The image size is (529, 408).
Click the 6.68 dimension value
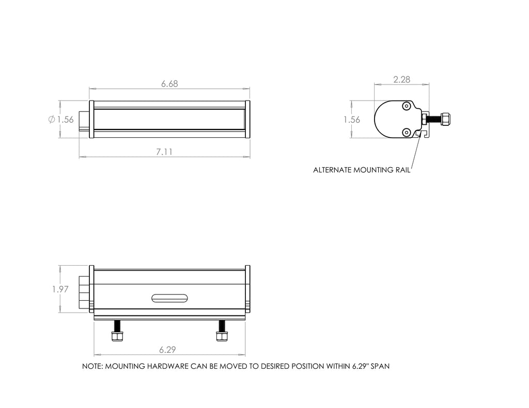(x=169, y=84)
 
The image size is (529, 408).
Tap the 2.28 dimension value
(x=401, y=79)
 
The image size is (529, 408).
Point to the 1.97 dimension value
(x=60, y=289)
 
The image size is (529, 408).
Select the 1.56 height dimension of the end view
(x=352, y=120)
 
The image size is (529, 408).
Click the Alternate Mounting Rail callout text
(x=361, y=170)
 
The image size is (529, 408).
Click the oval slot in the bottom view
(x=169, y=298)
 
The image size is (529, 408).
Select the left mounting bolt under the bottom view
(x=118, y=332)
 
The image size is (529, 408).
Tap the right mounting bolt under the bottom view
(x=222, y=332)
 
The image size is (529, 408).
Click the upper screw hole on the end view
(x=407, y=106)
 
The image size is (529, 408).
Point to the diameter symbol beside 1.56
(x=51, y=120)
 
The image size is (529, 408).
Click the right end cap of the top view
(x=247, y=120)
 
